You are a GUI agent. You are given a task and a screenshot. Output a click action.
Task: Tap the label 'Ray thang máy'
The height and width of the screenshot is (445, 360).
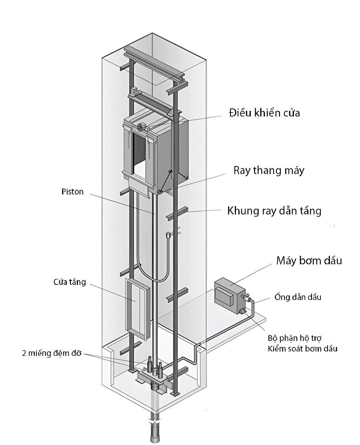click(269, 170)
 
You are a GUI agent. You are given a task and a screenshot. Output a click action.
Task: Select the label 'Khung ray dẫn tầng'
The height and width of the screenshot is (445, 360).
click(274, 210)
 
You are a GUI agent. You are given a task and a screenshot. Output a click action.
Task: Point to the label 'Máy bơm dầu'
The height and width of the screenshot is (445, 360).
click(309, 261)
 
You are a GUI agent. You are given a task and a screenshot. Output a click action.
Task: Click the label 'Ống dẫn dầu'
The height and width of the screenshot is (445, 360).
click(298, 297)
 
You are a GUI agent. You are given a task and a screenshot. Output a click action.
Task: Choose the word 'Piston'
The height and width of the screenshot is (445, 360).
click(72, 192)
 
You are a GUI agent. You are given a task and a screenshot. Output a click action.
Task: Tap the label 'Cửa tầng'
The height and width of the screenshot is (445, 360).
click(70, 282)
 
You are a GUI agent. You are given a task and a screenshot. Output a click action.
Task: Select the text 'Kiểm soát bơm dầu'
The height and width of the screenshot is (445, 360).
click(302, 349)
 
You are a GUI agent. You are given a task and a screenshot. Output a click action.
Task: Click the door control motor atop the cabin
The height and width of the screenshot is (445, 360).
click(141, 127)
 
